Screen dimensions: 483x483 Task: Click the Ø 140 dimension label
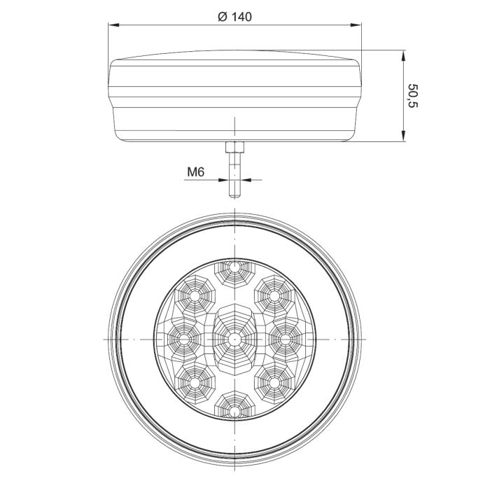coord(234,17)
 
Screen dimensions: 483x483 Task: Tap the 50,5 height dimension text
coord(412,95)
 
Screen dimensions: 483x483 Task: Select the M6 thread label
coord(196,172)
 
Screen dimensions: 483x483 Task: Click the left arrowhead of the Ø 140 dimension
coord(113,25)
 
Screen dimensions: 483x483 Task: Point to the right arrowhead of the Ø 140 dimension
coord(356,25)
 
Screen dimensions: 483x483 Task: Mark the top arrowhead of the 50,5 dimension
coord(403,55)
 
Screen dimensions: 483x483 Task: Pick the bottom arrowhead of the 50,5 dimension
coord(403,136)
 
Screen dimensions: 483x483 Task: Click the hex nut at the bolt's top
coord(234,147)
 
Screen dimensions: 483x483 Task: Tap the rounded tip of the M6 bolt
coord(234,195)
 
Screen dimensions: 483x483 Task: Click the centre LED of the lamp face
coord(234,339)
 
